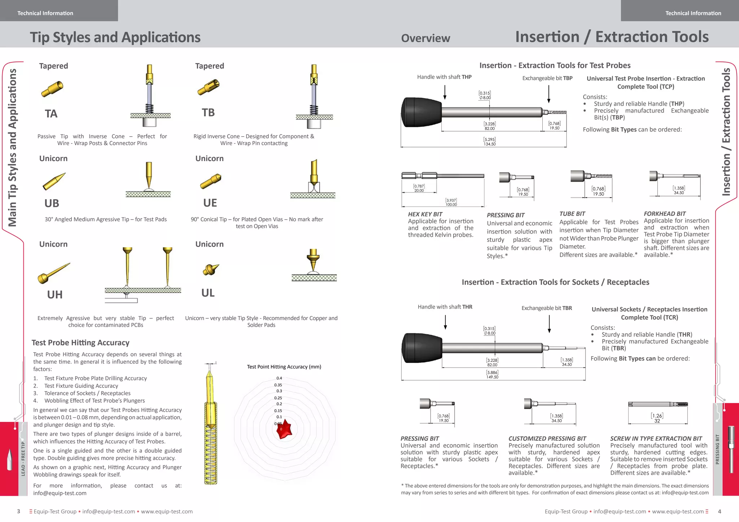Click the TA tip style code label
click(51, 114)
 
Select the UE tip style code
click(210, 203)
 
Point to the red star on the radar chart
click(285, 429)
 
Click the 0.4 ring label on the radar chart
click(279, 378)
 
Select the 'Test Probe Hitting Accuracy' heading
click(80, 343)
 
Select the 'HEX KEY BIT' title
click(425, 214)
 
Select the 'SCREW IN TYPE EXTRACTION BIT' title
click(656, 439)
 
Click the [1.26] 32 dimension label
click(657, 418)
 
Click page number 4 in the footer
click(720, 512)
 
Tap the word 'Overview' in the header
click(425, 38)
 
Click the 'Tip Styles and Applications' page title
click(115, 37)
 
